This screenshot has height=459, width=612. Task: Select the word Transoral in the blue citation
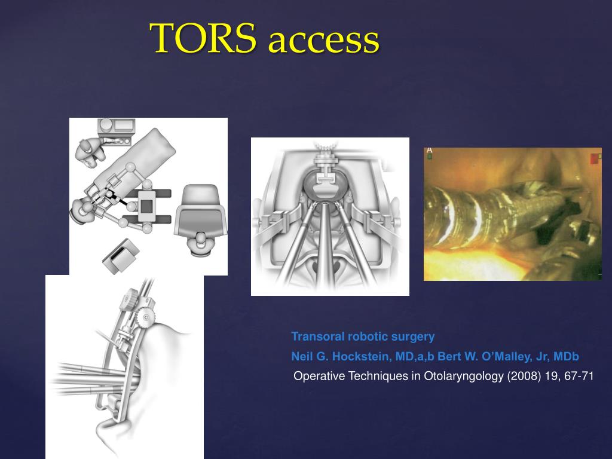314,336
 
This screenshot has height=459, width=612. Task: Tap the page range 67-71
579,377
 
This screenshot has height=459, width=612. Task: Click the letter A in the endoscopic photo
429,151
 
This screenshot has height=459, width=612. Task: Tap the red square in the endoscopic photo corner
595,158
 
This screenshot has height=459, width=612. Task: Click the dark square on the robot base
147,206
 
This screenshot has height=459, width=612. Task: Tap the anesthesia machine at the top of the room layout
117,127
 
